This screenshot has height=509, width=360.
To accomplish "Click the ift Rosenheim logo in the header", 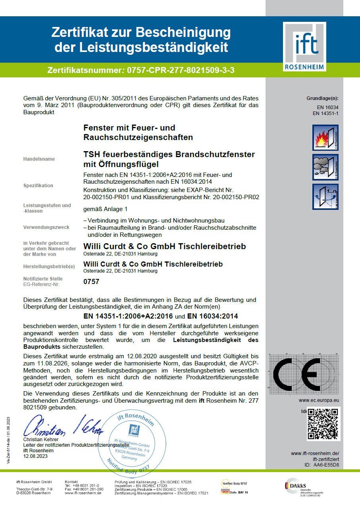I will tap(304, 47).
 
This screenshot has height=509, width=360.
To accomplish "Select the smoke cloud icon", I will tap(325, 167).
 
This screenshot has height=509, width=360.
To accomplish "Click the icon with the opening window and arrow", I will tap(325, 197).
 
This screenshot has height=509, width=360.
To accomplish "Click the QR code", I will tap(323, 423).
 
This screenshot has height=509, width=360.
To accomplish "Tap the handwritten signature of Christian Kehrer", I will tap(64, 425).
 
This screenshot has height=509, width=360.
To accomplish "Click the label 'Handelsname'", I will tap(39, 159).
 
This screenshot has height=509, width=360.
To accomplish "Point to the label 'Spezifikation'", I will tap(38, 186).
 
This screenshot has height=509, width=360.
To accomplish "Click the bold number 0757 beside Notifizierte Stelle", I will tap(91, 282).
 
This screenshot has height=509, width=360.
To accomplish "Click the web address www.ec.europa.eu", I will tap(319, 400).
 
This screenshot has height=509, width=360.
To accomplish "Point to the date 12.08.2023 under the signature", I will tap(35, 457).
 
